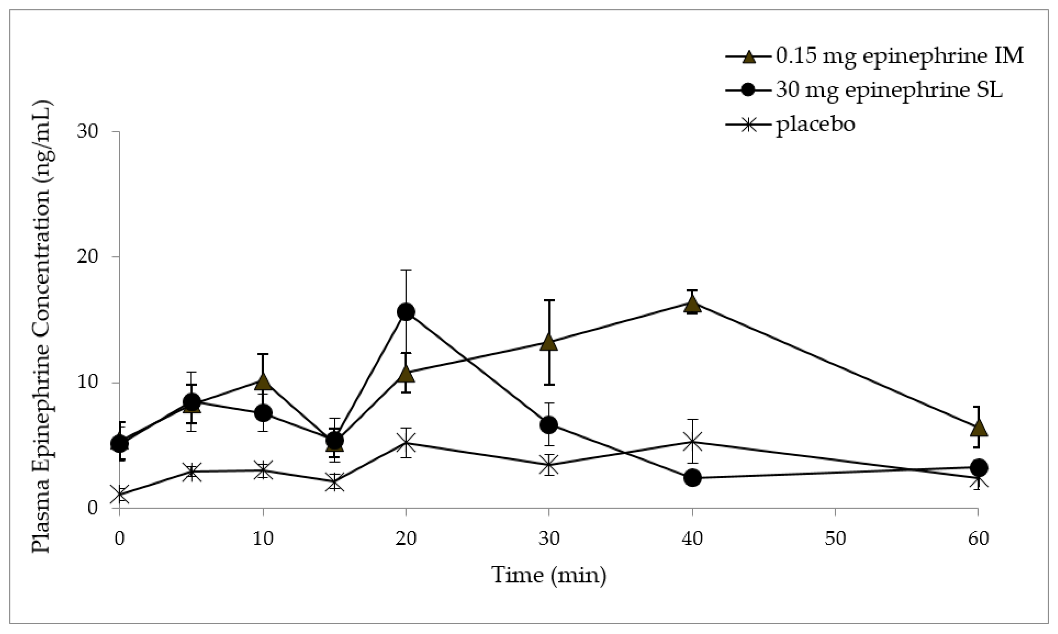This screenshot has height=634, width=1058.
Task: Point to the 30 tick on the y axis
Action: [x=87, y=131]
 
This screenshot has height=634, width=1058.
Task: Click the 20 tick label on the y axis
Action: [x=87, y=257]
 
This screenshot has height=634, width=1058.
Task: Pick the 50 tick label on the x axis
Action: [x=835, y=539]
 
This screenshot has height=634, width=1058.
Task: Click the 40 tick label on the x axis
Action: [x=691, y=539]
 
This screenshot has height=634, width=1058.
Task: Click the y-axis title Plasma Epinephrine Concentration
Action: [x=42, y=327]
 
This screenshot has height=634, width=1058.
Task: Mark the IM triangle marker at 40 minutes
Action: [x=692, y=304]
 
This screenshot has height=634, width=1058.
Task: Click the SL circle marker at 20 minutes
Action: [x=406, y=312]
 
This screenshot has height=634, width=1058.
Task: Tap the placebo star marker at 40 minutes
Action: [x=692, y=442]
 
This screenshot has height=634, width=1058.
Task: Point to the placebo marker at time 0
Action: [x=120, y=495]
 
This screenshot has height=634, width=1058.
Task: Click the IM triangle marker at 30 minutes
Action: [x=549, y=342]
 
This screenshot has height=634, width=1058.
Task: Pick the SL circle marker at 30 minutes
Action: [x=549, y=425]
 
